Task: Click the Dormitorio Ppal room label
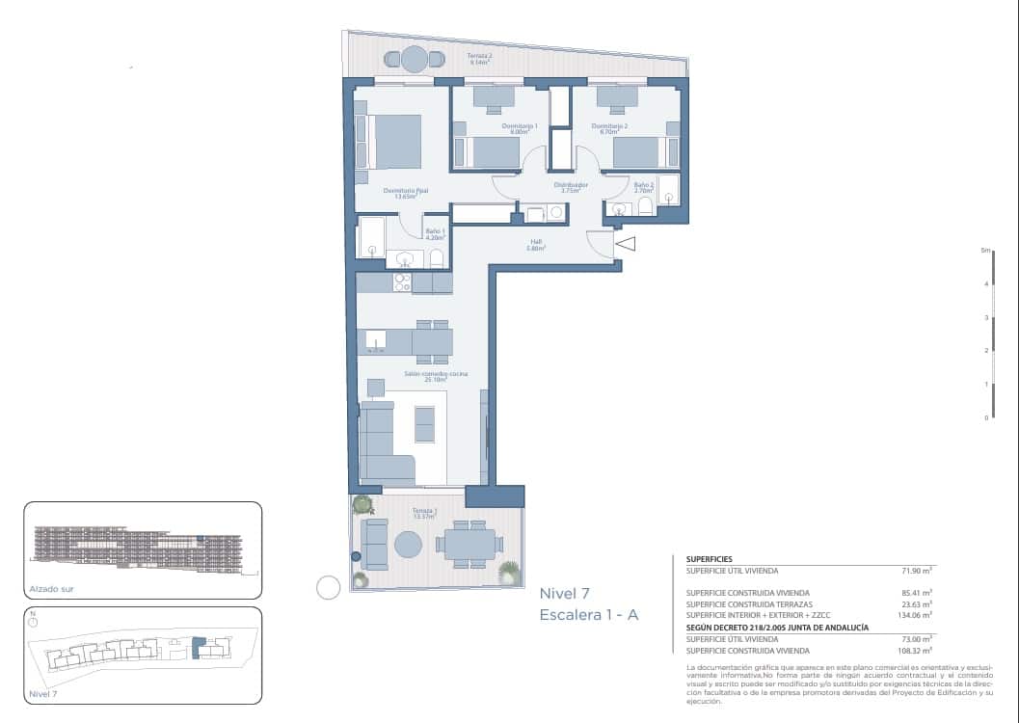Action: coord(405,191)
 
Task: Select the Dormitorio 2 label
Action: coord(609,126)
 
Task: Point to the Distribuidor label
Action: coord(571,184)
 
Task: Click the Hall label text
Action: coord(536,243)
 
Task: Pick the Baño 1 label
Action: coord(434,231)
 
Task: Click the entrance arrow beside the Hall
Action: coord(625,245)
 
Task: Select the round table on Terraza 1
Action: coord(408,545)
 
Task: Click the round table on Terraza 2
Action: coord(414,60)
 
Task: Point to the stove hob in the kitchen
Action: coord(402,282)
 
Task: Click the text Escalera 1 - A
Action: coord(589,614)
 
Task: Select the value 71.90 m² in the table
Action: coord(915,572)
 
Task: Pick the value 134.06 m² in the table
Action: coord(912,614)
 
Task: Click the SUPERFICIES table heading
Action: coord(709,559)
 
